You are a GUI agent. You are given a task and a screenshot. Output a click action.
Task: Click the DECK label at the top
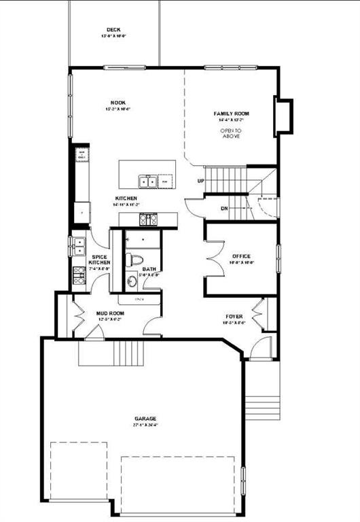point(113,30)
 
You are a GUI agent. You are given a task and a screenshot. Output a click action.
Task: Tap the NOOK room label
point(118,103)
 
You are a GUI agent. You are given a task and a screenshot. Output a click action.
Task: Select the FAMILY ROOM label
point(232,114)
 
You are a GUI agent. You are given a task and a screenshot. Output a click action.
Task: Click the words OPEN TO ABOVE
point(232,133)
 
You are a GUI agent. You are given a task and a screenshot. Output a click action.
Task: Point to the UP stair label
point(200,181)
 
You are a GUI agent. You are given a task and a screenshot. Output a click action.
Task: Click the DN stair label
point(224,208)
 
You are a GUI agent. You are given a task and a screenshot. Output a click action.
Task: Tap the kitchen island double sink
point(147,181)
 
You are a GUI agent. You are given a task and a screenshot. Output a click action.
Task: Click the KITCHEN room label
point(126,198)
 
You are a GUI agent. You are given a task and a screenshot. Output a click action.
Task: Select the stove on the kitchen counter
point(148,220)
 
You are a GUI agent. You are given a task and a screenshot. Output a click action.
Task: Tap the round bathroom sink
point(132,280)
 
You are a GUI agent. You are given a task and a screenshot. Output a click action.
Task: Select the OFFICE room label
point(241,256)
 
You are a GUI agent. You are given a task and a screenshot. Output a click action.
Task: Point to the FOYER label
point(235,317)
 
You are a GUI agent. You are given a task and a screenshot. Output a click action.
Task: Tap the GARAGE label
point(145,419)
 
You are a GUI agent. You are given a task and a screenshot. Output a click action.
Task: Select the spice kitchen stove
point(78,273)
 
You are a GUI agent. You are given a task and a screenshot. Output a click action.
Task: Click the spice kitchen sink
point(78,243)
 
